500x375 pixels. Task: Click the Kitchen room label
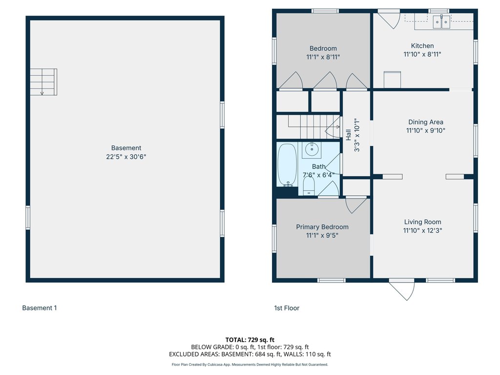[422, 46]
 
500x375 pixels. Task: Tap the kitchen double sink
[441, 21]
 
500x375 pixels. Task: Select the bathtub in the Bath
[287, 165]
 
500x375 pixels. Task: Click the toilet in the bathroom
[309, 186]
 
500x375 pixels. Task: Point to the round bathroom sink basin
[312, 149]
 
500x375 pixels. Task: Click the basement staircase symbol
[43, 82]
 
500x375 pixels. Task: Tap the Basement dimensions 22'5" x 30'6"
[126, 157]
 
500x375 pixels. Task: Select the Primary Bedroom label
[322, 227]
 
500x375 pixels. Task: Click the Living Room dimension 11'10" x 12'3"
[422, 230]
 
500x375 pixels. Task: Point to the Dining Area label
[426, 122]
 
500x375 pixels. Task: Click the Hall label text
[348, 135]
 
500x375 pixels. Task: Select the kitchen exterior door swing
[389, 20]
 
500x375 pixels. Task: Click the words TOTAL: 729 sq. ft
[250, 340]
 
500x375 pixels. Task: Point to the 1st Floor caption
[287, 308]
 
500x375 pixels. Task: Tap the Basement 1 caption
[40, 308]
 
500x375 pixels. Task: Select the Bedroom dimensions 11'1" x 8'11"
[323, 57]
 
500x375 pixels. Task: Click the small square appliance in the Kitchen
[392, 80]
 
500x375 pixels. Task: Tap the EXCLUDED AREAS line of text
[250, 354]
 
